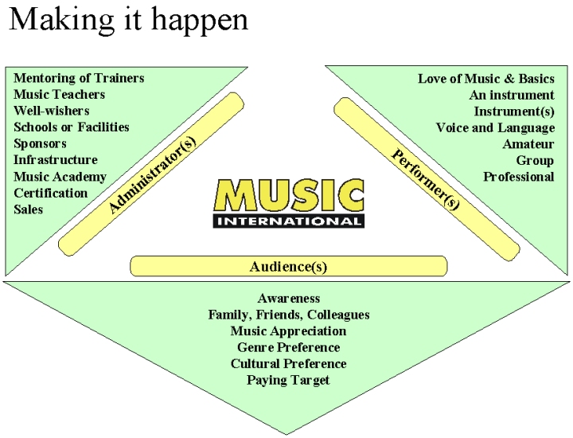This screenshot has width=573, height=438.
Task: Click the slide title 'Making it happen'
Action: pyautogui.click(x=128, y=19)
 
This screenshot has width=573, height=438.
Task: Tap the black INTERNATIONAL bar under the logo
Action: pyautogui.click(x=289, y=221)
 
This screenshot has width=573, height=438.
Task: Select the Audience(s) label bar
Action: pyautogui.click(x=288, y=266)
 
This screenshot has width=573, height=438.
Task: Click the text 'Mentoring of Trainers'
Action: pyautogui.click(x=79, y=78)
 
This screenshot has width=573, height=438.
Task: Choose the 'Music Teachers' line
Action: pyautogui.click(x=59, y=94)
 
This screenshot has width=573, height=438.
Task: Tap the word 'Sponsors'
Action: pyautogui.click(x=40, y=143)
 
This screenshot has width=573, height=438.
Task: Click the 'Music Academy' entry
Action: pyautogui.click(x=60, y=177)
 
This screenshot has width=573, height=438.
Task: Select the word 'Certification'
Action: pyautogui.click(x=50, y=193)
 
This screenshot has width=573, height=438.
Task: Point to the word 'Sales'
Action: pyautogui.click(x=29, y=209)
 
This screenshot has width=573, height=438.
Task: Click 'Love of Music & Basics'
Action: pyautogui.click(x=485, y=78)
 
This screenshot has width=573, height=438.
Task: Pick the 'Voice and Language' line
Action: pyautogui.click(x=495, y=127)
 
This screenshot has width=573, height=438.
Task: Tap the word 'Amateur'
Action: pyautogui.click(x=528, y=144)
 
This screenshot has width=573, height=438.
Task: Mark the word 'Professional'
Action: pyautogui.click(x=518, y=177)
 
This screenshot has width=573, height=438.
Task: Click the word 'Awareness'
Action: pyautogui.click(x=288, y=298)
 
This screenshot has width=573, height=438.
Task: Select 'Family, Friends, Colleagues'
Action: pyautogui.click(x=288, y=315)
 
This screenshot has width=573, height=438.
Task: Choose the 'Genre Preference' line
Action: pyautogui.click(x=288, y=347)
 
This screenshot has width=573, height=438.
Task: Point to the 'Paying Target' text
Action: pyautogui.click(x=288, y=380)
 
